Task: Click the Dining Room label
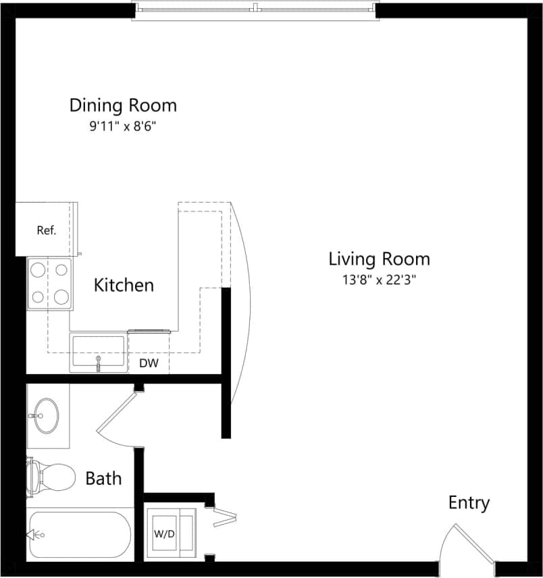point(123,105)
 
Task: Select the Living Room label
point(379,259)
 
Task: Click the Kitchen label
point(124,285)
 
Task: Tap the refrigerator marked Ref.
point(46,230)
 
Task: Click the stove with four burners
point(50,284)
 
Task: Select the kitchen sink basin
point(97,352)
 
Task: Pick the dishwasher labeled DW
point(149,363)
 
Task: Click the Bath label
point(103,479)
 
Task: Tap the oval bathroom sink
point(46,415)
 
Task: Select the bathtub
point(78,535)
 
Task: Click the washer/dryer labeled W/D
point(166,533)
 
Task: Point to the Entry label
point(469,503)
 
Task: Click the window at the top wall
point(254,9)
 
